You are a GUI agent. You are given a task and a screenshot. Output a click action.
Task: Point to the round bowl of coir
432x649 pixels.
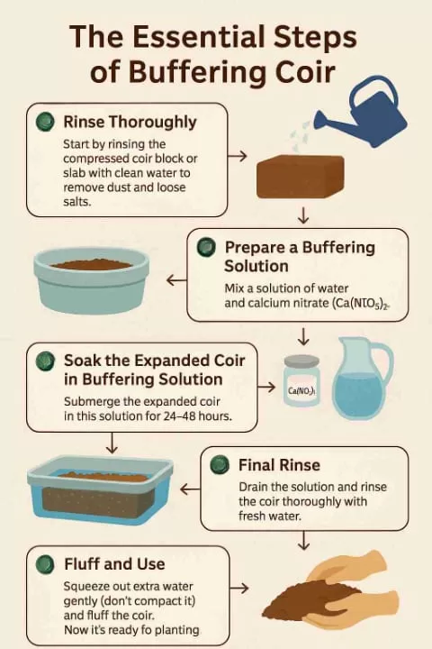tap(91, 279)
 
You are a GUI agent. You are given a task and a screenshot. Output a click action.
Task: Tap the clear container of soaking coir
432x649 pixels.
tap(100, 491)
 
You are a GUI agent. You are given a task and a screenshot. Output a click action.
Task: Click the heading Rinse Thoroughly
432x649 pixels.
tap(130, 121)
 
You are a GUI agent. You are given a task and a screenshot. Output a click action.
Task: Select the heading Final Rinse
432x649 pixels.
tap(279, 465)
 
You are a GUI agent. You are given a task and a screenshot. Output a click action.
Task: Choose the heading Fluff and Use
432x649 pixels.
tap(114, 564)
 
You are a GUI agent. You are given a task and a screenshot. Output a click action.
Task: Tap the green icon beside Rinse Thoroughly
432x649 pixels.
tap(42, 121)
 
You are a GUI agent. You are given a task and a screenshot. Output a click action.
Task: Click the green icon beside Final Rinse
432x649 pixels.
tap(219, 465)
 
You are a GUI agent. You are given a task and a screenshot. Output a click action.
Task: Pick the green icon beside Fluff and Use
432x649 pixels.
tap(43, 564)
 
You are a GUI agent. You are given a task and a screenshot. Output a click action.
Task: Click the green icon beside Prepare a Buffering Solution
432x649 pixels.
tap(206, 247)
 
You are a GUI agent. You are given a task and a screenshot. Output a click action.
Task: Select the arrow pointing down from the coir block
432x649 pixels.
tap(303, 215)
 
